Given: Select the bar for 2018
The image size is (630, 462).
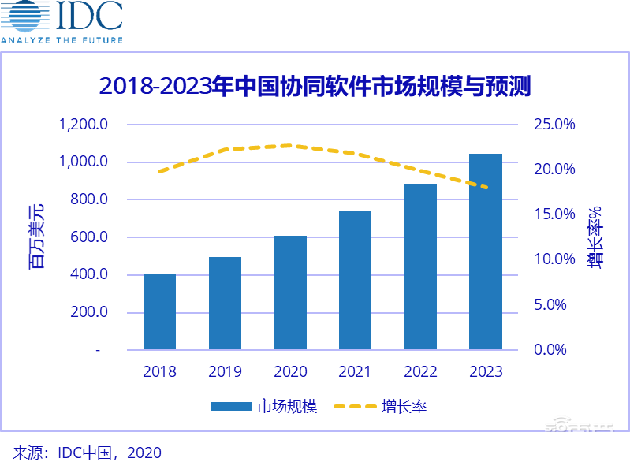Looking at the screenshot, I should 159,311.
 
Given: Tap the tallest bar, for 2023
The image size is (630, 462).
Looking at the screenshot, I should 485,251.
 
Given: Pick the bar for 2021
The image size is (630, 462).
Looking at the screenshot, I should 355,280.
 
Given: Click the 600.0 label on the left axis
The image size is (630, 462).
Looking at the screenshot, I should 87,237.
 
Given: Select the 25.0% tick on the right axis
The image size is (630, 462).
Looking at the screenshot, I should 555,125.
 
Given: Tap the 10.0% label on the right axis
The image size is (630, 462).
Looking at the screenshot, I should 555,259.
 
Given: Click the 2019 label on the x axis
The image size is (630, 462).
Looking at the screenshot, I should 225,371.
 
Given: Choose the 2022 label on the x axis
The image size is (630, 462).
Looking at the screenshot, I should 420,371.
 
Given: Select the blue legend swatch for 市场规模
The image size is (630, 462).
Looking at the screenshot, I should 231,407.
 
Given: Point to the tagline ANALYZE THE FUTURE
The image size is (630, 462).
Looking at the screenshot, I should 62,39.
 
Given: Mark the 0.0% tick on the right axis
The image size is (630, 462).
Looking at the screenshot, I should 555,349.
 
